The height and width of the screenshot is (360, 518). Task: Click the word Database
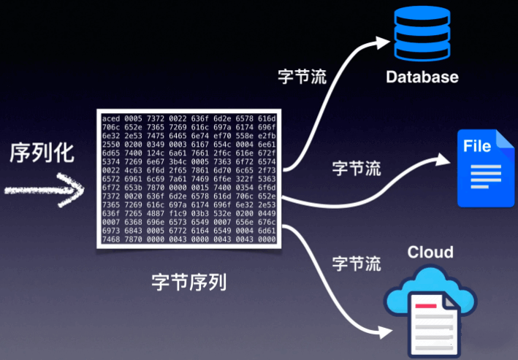(x=422, y=77)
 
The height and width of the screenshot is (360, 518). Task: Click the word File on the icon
(x=477, y=146)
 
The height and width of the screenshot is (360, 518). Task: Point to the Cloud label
(x=430, y=253)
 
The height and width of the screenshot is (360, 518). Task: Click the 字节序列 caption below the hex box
(x=189, y=281)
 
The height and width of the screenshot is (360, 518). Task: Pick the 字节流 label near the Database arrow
(x=302, y=75)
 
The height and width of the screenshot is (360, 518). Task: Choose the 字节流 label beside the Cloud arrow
(x=357, y=262)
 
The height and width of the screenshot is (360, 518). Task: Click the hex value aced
(x=111, y=118)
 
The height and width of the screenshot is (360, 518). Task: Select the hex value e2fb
(x=267, y=136)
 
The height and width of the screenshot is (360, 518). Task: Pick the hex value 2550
(x=111, y=145)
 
